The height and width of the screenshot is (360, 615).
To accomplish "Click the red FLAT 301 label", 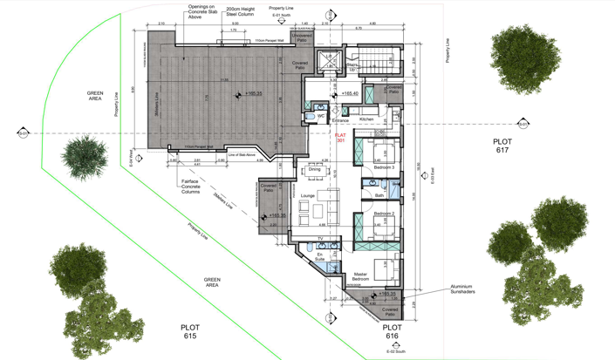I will click(340, 138).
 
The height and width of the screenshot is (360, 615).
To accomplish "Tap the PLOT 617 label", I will click(502, 145).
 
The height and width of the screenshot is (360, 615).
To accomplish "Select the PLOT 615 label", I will click(189, 331).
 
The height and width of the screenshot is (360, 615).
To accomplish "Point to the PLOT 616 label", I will click(392, 331).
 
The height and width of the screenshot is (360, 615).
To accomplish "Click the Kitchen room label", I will click(366, 119).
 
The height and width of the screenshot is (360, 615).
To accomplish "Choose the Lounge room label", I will click(307, 196).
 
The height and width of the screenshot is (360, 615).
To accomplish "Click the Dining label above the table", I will click(314, 170).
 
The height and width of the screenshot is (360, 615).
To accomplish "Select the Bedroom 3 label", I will click(384, 166).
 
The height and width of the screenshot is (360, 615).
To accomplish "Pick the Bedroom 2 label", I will click(384, 213).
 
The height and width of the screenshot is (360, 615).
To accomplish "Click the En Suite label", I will click(319, 256).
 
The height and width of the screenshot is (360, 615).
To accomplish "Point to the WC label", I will click(321, 115).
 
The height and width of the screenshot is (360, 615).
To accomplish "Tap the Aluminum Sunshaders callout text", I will click(468, 289).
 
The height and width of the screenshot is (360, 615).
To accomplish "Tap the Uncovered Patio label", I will click(302, 38).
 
